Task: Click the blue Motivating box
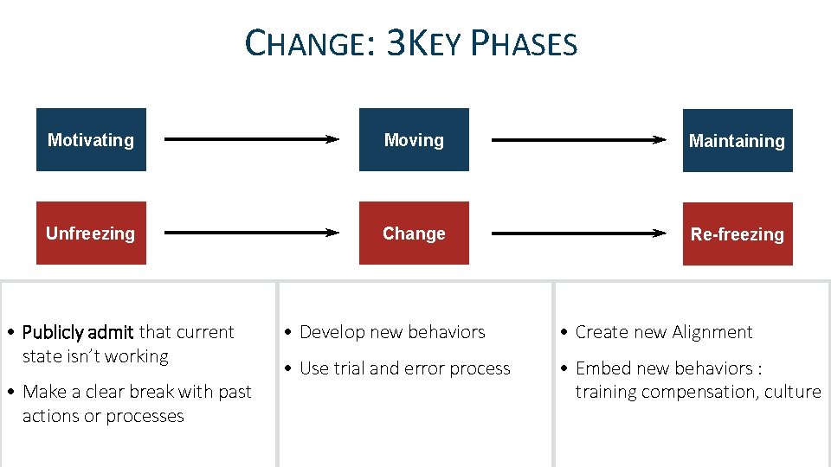91,139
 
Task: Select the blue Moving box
414,139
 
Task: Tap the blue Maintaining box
737,140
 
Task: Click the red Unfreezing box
91,233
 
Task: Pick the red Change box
414,233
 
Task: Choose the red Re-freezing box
737,233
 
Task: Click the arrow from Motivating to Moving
251,138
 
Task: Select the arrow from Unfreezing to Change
251,232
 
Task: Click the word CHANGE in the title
307,42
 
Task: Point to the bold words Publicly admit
78,332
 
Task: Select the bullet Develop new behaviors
391,332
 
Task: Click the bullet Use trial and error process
404,368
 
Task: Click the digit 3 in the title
395,42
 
